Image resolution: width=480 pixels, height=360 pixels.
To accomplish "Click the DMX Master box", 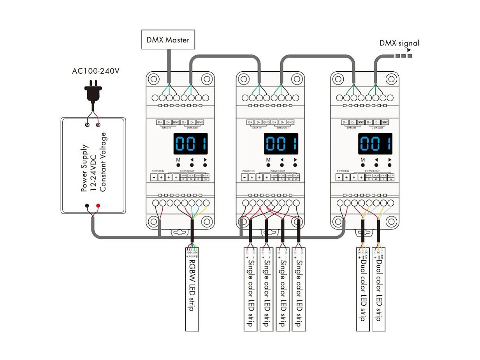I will coord(168,40).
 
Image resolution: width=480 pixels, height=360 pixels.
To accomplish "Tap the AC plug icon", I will coord(93,92).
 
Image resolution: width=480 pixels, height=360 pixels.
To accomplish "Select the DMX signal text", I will coord(399,43).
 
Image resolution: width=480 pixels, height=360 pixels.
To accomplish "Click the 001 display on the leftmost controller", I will coord(190,144).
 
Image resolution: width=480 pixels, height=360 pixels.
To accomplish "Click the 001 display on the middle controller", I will coord(281,144).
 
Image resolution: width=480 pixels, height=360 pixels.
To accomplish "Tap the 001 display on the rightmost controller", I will coord(375,144).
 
